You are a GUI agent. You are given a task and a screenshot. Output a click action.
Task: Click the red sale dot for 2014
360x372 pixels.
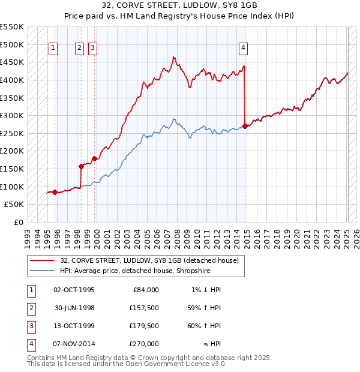[245, 126]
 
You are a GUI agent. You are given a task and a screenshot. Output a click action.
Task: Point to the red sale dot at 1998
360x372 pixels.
[81, 166]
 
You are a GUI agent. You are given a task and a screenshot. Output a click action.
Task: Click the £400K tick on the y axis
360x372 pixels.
[13, 80]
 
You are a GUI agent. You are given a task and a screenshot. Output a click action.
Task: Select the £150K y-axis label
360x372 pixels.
[13, 169]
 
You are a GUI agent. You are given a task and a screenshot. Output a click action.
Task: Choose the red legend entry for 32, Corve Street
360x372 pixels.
[150, 260]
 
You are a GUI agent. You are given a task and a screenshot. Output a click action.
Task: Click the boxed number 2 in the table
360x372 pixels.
[31, 308]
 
